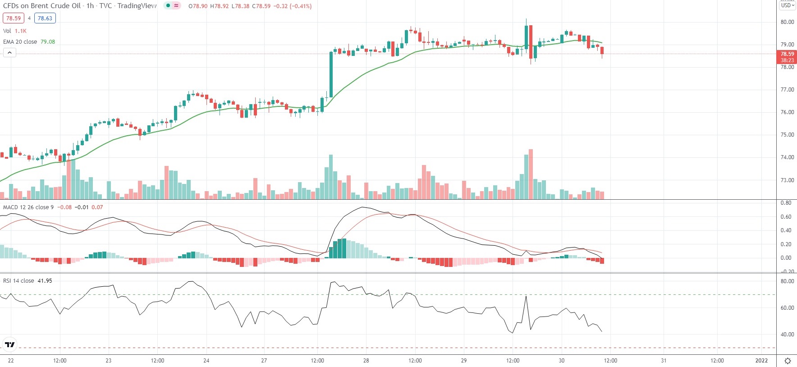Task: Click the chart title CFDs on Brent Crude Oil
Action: (42, 6)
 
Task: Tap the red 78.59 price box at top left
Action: (14, 18)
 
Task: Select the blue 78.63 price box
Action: (45, 18)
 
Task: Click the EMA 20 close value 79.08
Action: (47, 41)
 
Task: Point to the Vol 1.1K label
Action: (15, 31)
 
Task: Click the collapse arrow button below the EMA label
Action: (9, 53)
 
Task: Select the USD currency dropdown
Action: (788, 5)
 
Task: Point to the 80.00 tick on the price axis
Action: (787, 22)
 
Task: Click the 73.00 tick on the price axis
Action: (787, 180)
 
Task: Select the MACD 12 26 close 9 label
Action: (28, 207)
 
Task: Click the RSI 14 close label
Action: (18, 280)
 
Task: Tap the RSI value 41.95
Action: (45, 280)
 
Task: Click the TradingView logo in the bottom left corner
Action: (9, 345)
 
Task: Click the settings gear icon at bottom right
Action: (788, 361)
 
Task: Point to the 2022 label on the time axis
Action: (761, 361)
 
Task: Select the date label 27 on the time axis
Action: (264, 361)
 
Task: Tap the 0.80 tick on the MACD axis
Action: (786, 203)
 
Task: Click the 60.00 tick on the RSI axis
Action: (787, 308)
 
